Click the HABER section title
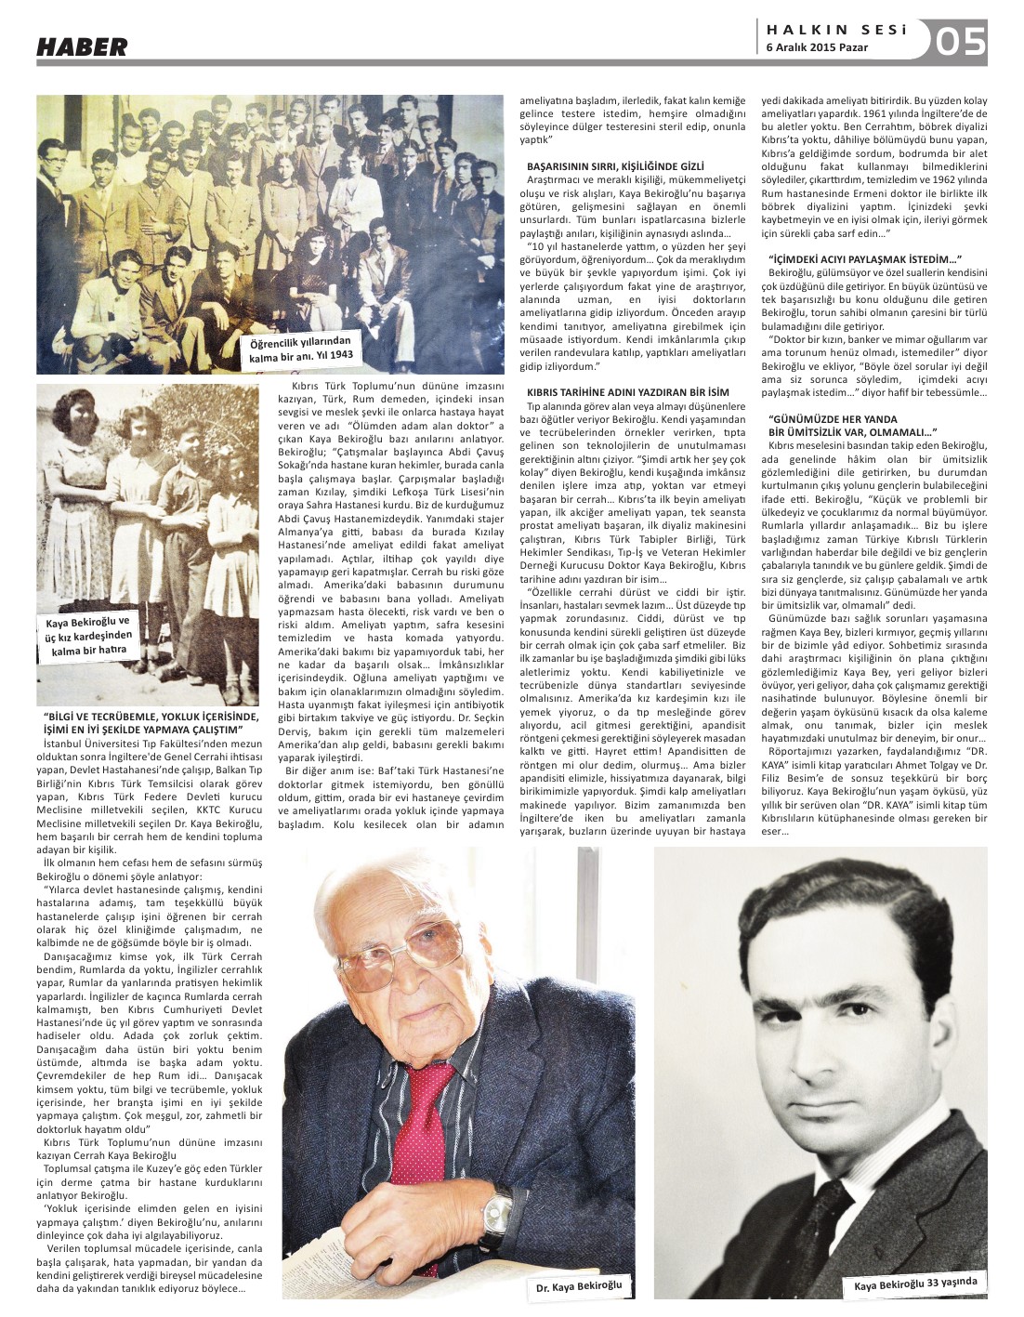pos(82,46)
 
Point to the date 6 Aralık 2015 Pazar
pos(817,48)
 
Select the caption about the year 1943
pos(299,350)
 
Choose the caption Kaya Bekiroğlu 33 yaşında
pos(915,1284)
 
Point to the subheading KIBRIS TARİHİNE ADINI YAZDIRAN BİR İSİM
pos(628,392)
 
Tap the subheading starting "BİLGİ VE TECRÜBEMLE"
pos(150,722)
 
